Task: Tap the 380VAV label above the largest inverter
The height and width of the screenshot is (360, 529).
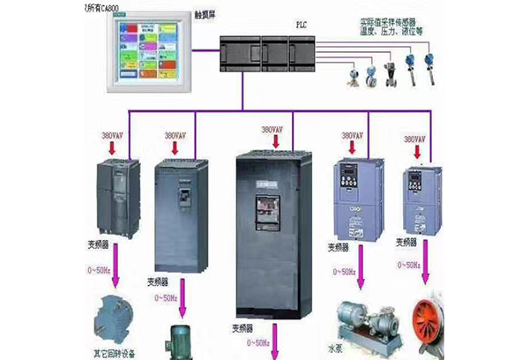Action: click(274, 130)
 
